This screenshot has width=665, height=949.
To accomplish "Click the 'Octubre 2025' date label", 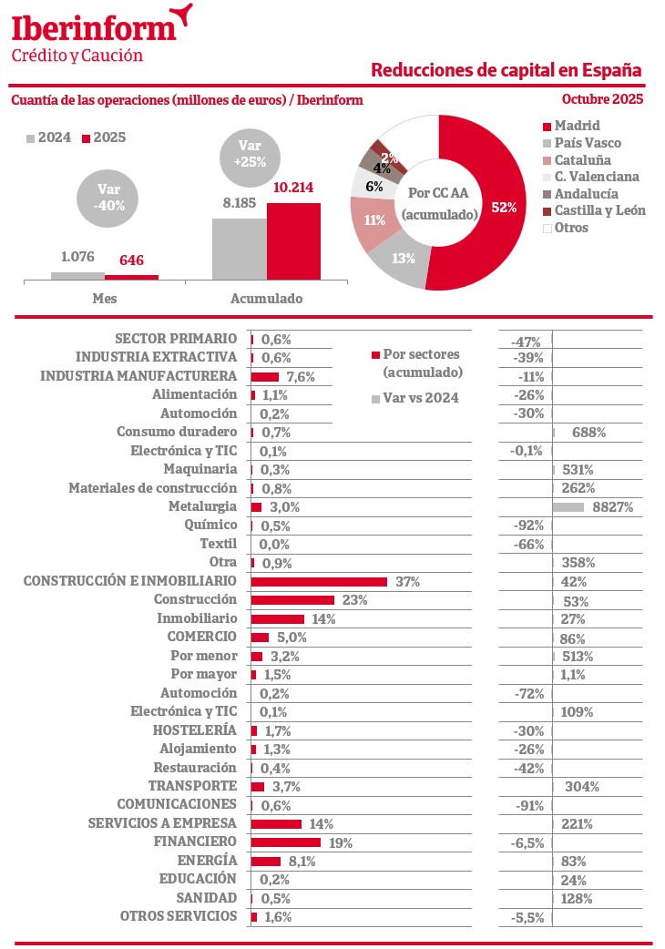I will (602, 99).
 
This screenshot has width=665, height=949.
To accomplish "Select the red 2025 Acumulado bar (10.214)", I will (293, 240).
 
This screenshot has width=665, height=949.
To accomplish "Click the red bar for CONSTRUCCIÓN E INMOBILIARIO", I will (319, 581).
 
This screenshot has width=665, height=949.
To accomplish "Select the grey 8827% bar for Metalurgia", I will (568, 506).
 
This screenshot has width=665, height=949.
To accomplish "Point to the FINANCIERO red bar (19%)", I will (286, 842).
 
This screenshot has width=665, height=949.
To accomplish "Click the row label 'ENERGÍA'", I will (207, 860).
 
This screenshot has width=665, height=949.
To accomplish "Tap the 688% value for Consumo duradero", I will (588, 433).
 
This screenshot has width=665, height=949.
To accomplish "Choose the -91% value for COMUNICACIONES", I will (527, 805).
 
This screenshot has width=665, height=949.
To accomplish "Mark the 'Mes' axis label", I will (105, 298).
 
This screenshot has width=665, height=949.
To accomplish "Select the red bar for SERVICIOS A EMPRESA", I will (276, 823).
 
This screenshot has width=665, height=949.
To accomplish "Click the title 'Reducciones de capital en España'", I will (506, 70).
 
